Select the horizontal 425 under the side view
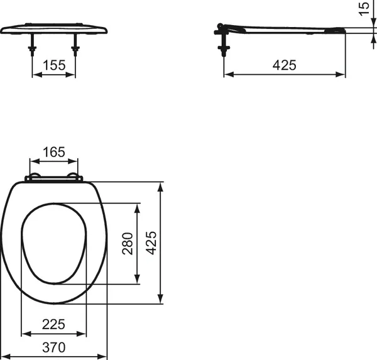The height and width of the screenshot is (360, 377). [x=285, y=64]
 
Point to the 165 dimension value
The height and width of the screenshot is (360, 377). [x=53, y=152]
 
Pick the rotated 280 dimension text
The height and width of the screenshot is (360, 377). [x=128, y=243]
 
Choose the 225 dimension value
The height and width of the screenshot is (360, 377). [x=53, y=325]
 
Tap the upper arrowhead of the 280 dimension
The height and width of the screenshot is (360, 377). [x=138, y=207]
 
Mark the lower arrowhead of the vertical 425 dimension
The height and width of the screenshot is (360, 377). [x=162, y=299]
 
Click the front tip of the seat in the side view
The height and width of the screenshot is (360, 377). [x=344, y=30]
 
